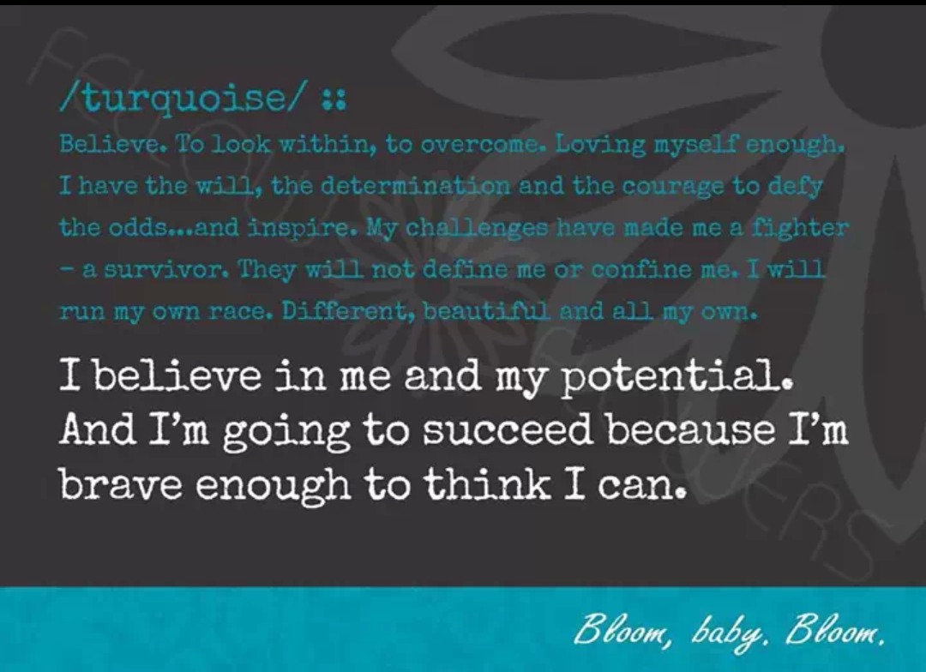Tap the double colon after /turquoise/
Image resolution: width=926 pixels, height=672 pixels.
[334, 100]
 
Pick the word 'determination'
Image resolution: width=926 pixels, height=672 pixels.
[416, 186]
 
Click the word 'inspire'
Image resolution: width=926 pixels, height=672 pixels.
[299, 228]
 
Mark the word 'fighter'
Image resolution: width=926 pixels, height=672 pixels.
[800, 227]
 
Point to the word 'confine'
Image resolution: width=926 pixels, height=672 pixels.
[641, 269]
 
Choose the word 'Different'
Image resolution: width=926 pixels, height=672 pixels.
[348, 310]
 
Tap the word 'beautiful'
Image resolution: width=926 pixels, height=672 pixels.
[487, 310]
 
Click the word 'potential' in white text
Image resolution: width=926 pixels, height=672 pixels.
[675, 377]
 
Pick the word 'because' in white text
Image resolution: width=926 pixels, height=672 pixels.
[691, 429]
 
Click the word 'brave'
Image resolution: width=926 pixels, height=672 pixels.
[121, 484]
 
